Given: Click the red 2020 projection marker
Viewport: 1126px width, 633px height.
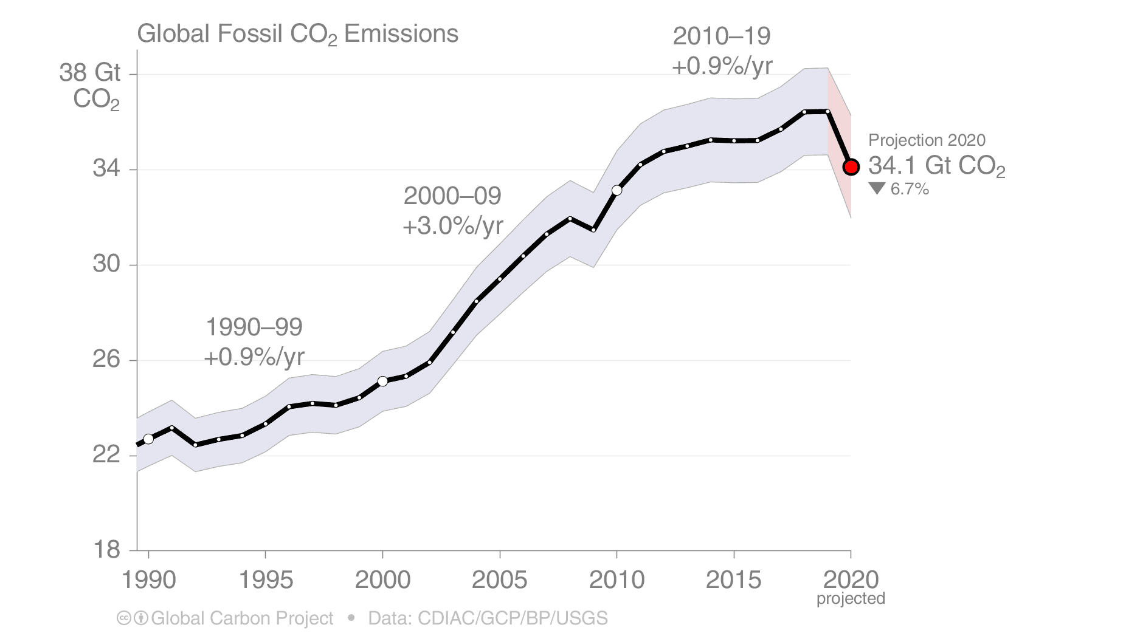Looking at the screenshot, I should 851,167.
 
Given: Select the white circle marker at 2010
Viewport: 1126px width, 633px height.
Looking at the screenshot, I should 617,190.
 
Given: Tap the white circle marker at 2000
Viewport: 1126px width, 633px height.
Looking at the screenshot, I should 382,382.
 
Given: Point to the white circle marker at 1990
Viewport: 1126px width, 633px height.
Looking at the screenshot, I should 148,439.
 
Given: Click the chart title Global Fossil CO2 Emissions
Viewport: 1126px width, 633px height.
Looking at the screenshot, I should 297,34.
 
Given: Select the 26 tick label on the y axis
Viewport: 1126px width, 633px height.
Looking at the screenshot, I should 106,360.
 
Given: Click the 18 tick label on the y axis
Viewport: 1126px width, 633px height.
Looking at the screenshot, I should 106,550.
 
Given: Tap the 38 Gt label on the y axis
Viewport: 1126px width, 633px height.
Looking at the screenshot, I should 89,73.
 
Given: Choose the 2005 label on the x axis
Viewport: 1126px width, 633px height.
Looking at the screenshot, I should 499,580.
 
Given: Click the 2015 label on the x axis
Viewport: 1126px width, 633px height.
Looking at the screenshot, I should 733,580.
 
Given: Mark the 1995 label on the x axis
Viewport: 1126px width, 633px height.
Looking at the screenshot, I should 265,580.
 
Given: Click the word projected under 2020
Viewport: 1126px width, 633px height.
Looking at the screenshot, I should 851,599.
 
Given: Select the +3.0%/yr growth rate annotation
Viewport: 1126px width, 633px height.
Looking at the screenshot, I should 453,226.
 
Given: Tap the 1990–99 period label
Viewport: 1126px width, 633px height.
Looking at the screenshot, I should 254,327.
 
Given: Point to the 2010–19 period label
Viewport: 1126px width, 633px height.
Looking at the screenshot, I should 722,36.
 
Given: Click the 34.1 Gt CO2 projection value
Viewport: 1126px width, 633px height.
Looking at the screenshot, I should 936,166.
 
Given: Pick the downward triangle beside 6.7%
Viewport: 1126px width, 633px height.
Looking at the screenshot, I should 877,189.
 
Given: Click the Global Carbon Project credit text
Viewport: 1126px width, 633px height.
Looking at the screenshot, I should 242,618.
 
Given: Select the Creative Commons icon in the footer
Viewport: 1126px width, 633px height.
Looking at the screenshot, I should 123,618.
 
